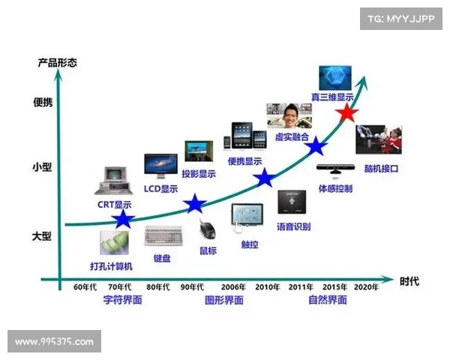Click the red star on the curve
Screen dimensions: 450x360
(346, 112)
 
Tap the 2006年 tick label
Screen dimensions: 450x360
(233, 286)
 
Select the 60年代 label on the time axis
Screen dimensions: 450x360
(85, 286)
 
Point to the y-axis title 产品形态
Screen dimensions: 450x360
(58, 62)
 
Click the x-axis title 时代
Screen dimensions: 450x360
(409, 281)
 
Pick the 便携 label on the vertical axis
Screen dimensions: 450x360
(43, 102)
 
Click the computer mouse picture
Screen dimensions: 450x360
(207, 229)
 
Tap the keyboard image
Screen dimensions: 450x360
(163, 235)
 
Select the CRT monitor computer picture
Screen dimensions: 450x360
(114, 181)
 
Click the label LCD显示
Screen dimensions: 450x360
(160, 188)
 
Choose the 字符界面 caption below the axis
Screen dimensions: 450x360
(122, 300)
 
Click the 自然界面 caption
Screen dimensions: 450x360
(328, 300)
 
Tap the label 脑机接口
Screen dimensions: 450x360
(381, 169)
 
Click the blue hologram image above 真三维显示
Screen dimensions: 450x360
(335, 78)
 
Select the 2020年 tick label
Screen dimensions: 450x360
(366, 286)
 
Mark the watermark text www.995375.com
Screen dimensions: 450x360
(54, 342)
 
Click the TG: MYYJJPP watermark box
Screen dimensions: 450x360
(401, 19)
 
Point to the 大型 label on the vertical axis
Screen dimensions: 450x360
(41, 236)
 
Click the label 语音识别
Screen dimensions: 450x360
(293, 226)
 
